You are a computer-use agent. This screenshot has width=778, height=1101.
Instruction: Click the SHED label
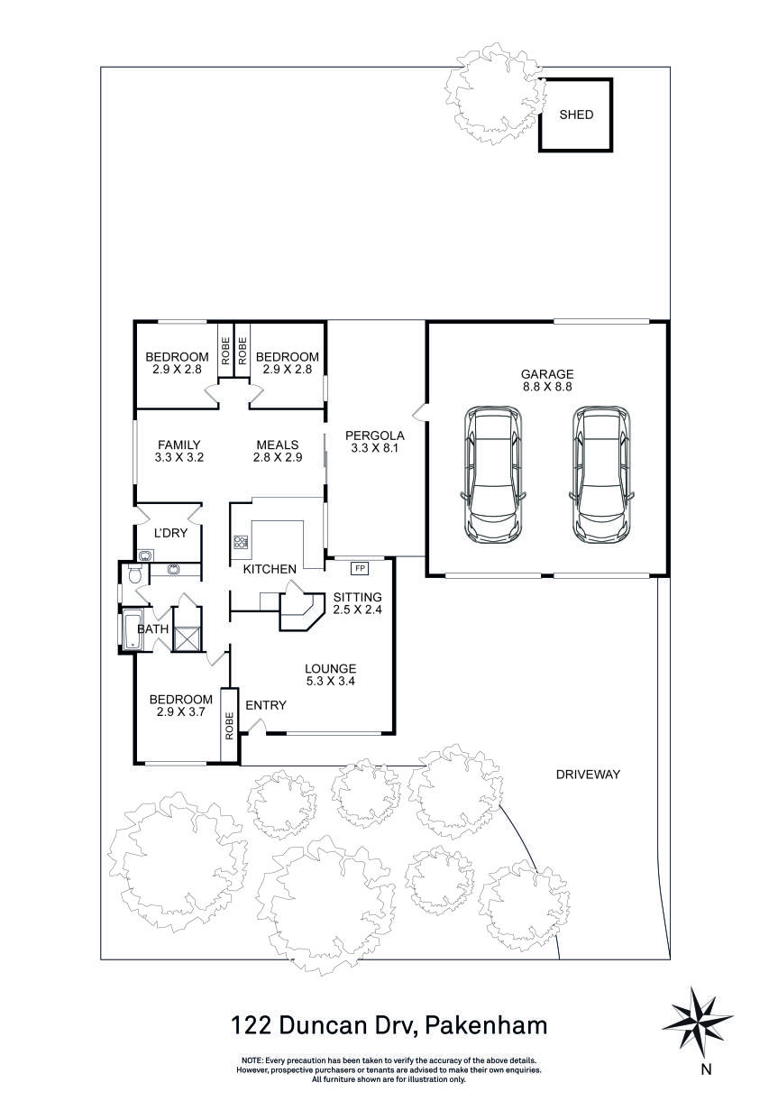576,115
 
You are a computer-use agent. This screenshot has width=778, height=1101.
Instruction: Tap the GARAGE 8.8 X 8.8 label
546,380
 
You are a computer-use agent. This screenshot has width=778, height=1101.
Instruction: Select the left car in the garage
492,474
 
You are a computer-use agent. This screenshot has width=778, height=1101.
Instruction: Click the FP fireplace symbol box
360,568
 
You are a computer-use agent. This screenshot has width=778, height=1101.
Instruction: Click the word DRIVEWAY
588,774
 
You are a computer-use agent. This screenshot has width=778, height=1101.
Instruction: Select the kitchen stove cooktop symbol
241,543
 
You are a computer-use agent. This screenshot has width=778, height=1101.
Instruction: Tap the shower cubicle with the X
186,638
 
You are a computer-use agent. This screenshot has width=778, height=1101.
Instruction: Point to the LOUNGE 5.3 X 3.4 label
331,674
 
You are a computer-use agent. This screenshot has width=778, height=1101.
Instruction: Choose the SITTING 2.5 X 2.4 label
357,603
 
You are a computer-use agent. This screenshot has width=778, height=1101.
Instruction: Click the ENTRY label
265,705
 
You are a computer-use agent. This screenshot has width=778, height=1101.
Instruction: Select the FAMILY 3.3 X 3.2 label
178,451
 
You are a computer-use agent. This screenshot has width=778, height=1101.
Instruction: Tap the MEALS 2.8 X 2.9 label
278,451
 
